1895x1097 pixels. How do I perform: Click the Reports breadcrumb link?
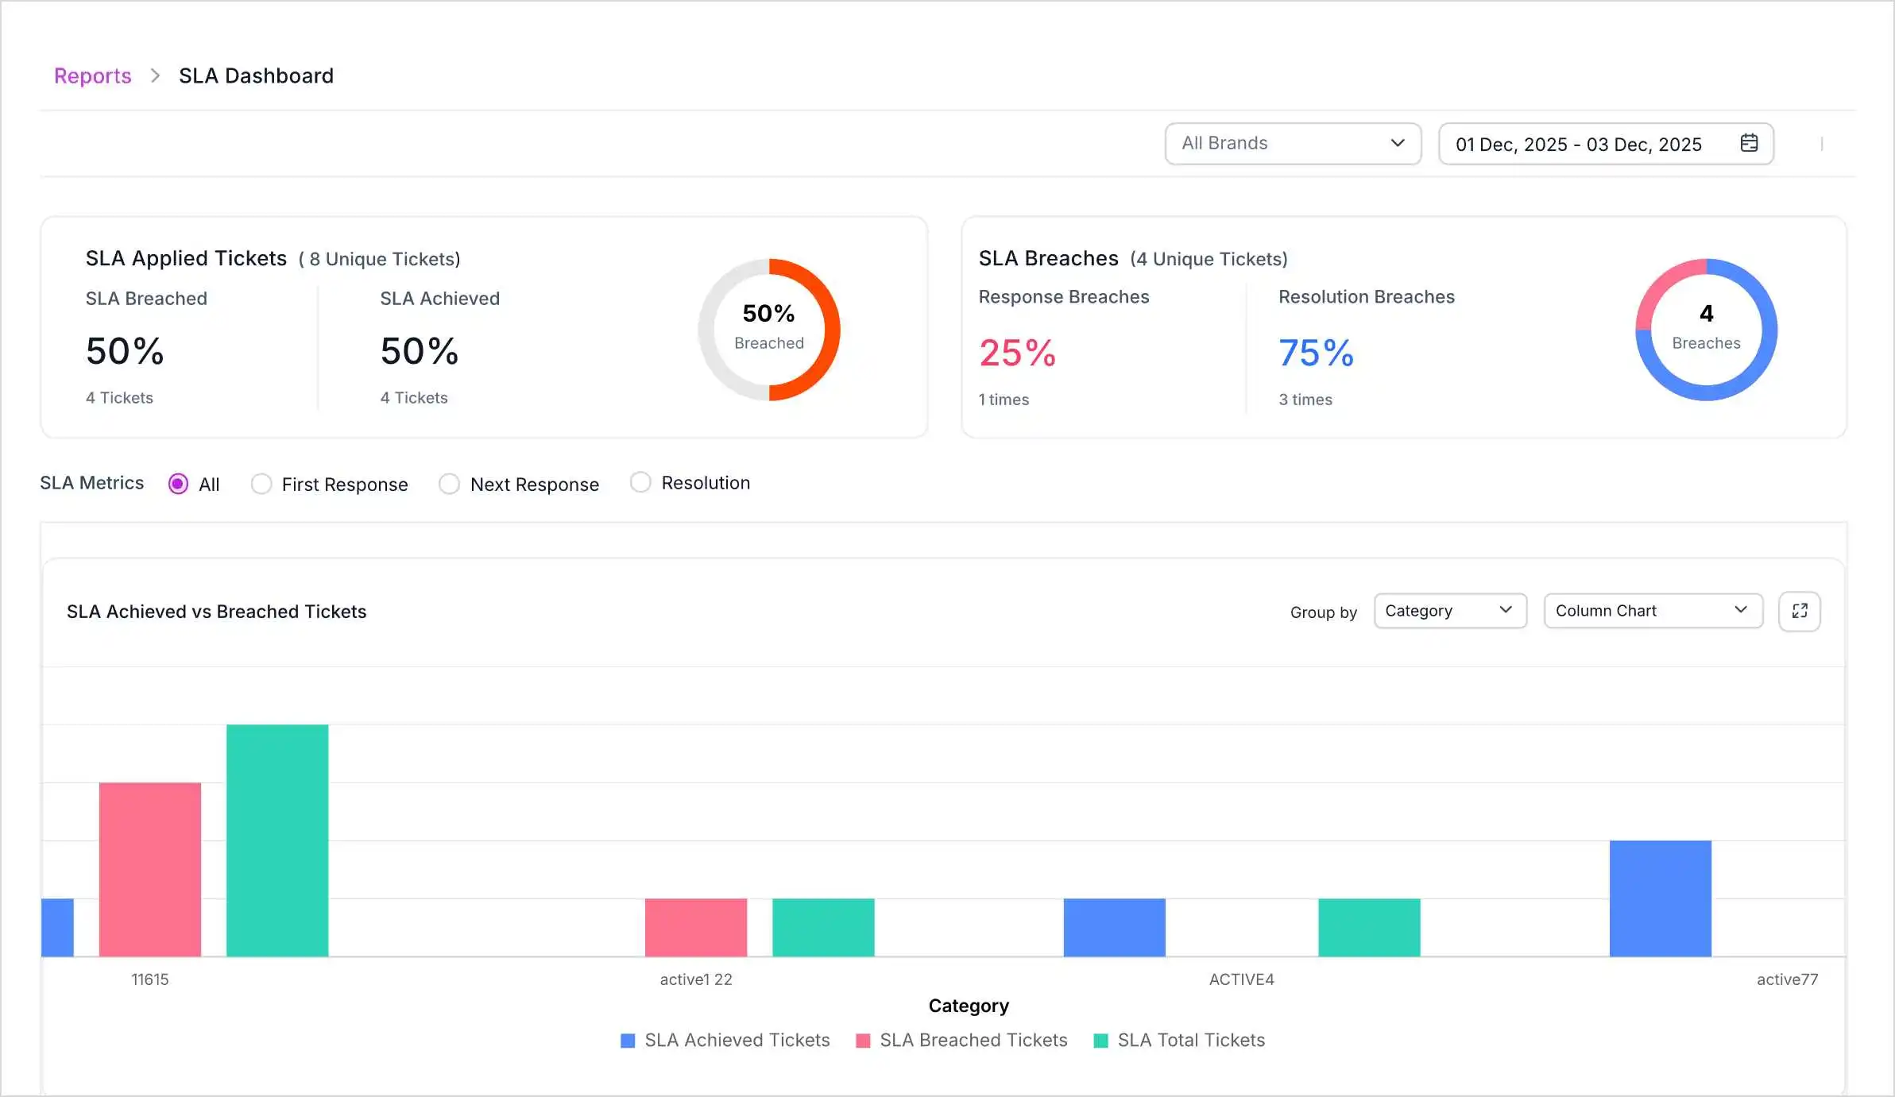pos(92,75)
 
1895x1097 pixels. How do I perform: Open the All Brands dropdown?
pos(1292,144)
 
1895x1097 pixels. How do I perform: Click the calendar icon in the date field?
pos(1749,143)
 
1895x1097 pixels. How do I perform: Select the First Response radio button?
pos(261,484)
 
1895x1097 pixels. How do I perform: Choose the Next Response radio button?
pos(450,484)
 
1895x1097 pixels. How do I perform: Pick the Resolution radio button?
pos(640,482)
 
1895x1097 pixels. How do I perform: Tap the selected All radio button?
pos(179,484)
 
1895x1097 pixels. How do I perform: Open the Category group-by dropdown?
pos(1449,611)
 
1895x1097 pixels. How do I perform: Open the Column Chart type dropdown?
pos(1652,611)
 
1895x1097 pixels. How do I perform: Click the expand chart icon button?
pos(1799,611)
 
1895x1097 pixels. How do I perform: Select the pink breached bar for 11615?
pos(150,869)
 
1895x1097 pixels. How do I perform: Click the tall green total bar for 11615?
pos(277,840)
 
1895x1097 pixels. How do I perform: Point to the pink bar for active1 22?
pos(696,927)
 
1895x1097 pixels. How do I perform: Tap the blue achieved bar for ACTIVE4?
pos(1114,927)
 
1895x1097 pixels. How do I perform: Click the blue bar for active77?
pos(1660,898)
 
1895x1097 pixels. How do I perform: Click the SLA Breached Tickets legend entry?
pos(962,1041)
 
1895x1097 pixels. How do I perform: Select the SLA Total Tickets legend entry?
pos(1180,1041)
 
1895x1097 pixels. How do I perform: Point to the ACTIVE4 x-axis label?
pos(1241,979)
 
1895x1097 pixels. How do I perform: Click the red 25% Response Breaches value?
pos(1017,353)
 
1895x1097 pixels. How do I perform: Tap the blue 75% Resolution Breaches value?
pos(1316,353)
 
